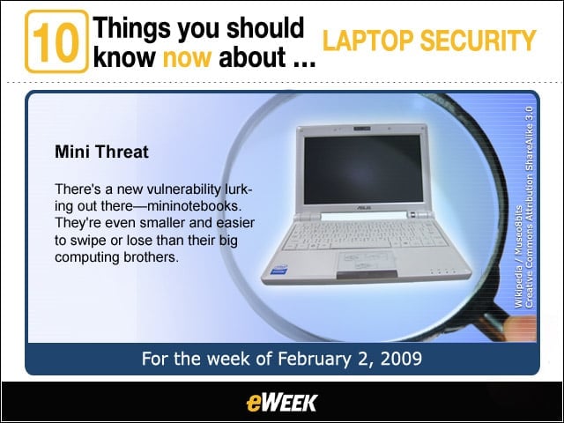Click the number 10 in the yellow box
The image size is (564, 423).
click(56, 42)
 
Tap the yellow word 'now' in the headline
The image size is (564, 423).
click(187, 57)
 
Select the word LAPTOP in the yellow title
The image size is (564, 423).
click(368, 41)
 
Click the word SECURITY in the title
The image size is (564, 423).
click(478, 41)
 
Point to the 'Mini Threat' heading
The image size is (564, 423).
click(101, 152)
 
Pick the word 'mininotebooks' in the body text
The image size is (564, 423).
click(193, 206)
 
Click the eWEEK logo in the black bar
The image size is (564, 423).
click(282, 403)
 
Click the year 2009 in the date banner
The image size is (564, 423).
click(401, 359)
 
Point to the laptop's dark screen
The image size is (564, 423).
click(363, 168)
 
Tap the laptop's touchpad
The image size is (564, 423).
click(366, 261)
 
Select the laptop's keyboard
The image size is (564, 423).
click(364, 234)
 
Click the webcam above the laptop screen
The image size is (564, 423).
click(361, 129)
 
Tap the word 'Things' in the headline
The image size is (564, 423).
click(131, 29)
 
